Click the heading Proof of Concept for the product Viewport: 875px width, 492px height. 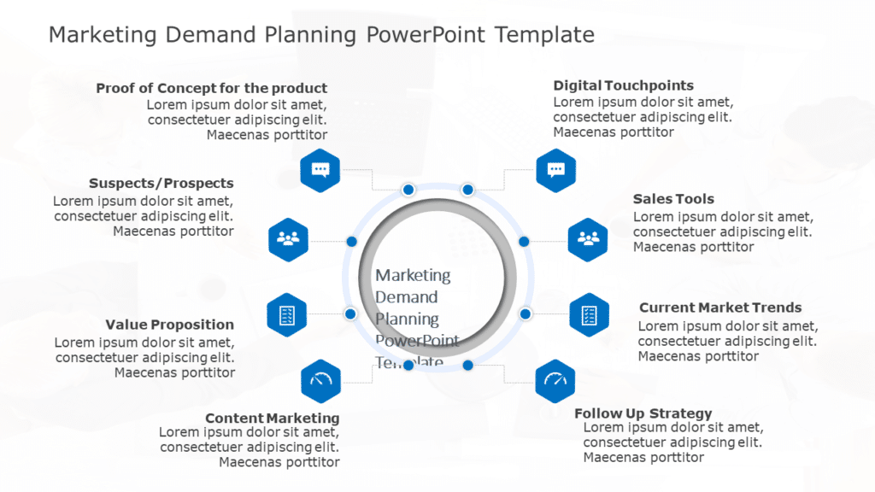(211, 88)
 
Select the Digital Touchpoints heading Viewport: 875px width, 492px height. (623, 85)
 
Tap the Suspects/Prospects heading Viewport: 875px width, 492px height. (161, 184)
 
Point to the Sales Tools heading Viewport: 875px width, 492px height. (673, 199)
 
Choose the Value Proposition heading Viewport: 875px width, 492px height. (169, 325)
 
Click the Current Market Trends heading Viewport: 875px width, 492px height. (720, 307)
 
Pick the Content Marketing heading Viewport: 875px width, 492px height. (272, 419)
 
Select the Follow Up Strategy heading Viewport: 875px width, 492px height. (643, 413)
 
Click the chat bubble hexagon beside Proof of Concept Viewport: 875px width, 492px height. (320, 170)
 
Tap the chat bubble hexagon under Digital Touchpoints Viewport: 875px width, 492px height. (555, 169)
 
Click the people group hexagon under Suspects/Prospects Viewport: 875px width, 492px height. (288, 240)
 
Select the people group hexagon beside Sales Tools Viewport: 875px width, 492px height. (588, 240)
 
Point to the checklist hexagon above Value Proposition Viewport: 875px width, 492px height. (287, 314)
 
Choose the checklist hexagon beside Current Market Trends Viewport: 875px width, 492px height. (590, 314)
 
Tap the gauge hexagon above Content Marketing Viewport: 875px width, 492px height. (321, 381)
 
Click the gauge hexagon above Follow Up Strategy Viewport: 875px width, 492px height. (555, 381)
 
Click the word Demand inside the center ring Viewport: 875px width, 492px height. (407, 297)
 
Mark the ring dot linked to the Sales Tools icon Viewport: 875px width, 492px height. (525, 242)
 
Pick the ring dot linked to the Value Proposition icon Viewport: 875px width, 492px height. (350, 314)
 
